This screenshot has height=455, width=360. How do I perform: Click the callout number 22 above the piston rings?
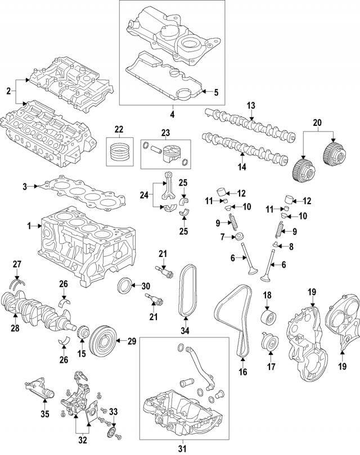click(119, 129)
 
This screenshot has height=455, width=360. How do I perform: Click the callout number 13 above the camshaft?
click(251, 105)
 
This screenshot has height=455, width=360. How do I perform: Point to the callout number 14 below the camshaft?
click(243, 166)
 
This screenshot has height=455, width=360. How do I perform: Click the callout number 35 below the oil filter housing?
click(46, 415)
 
